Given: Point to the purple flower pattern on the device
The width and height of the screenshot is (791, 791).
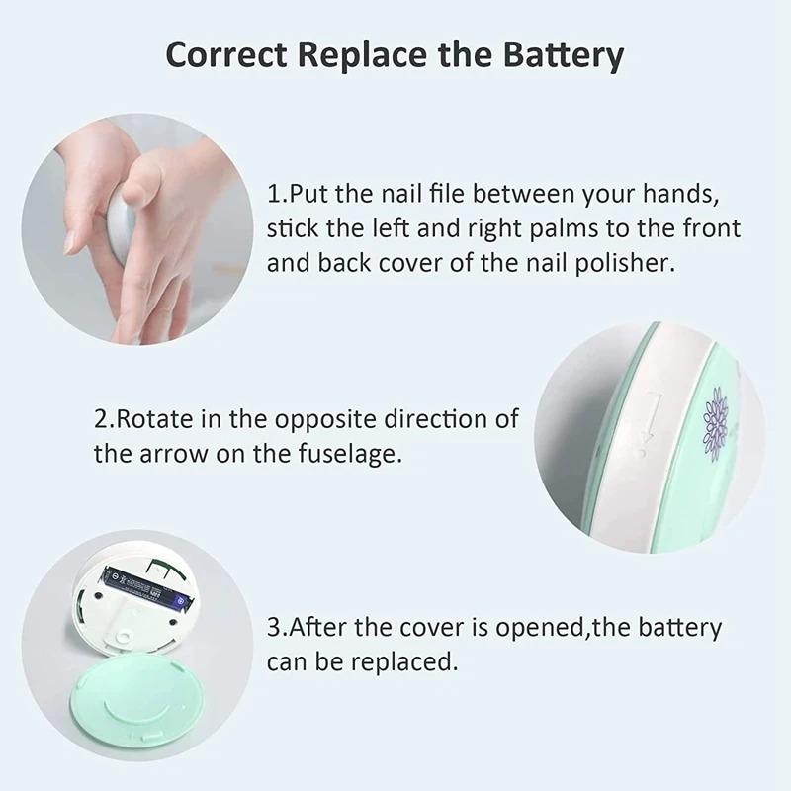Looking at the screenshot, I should point(715,421).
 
